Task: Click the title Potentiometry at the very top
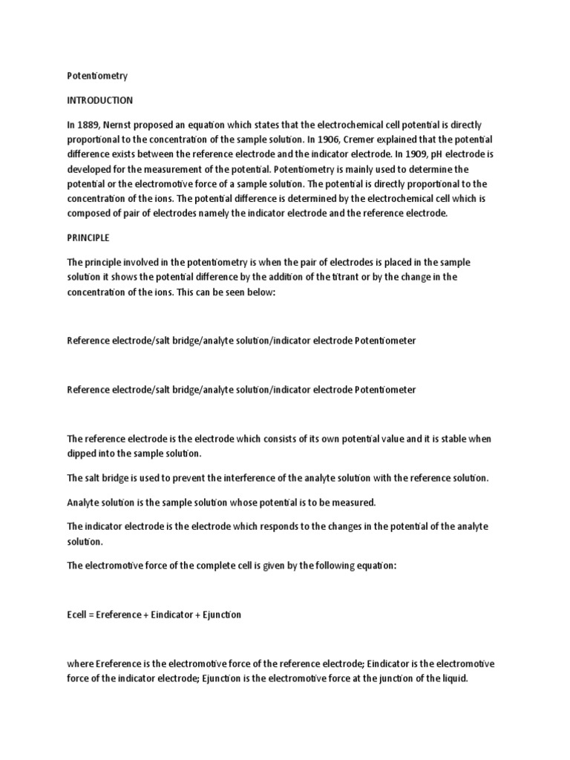tap(97, 76)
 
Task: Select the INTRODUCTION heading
tap(100, 99)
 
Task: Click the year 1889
tap(90, 125)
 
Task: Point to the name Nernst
tap(122, 125)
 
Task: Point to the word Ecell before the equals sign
tap(79, 615)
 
